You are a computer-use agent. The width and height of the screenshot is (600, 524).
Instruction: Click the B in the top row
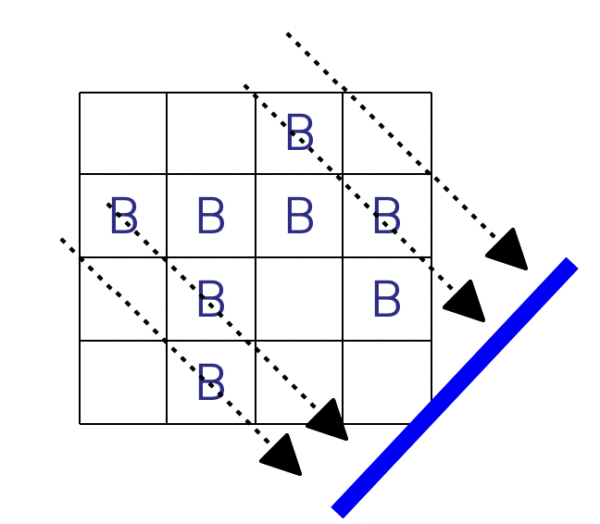299,133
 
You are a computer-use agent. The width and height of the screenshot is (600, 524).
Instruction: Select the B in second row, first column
123,218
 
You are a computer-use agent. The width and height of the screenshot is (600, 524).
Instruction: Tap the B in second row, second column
211,218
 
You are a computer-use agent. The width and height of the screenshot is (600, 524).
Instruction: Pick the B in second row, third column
299,216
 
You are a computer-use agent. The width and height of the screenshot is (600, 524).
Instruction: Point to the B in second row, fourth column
386,218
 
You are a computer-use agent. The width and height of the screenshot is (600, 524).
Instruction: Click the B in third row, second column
211,299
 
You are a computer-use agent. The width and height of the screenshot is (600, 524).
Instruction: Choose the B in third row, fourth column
386,299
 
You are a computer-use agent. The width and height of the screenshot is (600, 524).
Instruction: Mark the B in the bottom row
211,382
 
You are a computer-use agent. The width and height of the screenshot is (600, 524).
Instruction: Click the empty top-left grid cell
123,133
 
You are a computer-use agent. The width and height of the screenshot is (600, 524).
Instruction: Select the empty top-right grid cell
387,133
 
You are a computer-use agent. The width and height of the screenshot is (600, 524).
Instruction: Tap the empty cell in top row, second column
211,133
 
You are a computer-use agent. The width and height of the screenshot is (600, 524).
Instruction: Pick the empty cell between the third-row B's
299,299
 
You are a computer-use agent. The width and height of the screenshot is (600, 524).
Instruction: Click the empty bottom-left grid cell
123,382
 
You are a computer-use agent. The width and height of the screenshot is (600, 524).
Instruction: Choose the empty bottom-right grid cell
387,382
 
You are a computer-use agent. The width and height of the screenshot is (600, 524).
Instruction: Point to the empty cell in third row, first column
123,299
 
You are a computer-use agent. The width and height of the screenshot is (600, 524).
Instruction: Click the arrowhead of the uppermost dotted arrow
508,250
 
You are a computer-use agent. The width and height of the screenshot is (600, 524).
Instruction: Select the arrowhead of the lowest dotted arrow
282,455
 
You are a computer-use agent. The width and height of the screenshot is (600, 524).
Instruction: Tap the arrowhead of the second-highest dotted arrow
466,302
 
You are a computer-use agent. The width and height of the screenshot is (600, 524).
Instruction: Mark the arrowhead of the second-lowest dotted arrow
327,420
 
